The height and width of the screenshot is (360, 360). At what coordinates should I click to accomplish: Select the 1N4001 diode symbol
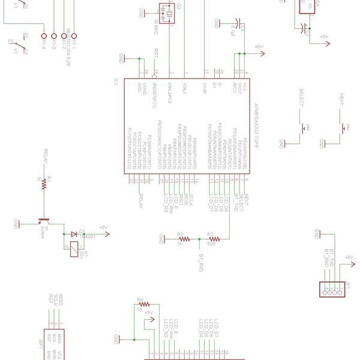[73, 234]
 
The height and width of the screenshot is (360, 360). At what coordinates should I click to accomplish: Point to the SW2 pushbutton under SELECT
[304, 128]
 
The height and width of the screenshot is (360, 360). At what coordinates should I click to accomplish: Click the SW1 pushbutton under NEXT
[343, 128]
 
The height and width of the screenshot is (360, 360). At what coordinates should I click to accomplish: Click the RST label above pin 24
[157, 52]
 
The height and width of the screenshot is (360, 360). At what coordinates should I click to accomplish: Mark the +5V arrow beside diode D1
[103, 229]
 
